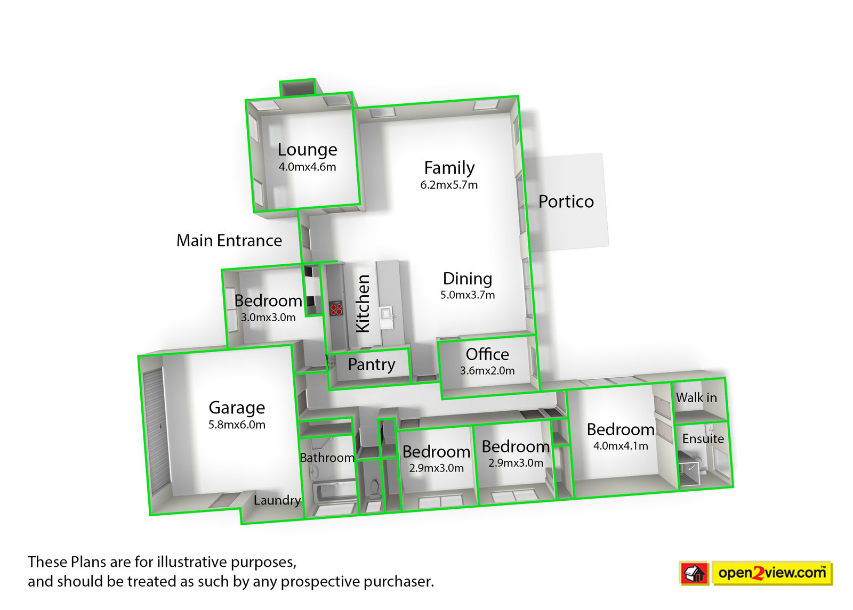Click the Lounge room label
coord(307,150)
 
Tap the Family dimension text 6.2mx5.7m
coord(449,185)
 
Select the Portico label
coord(566,201)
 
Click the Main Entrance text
coord(229,241)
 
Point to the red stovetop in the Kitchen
coord(336,308)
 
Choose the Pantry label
coord(372,364)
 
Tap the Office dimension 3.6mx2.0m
coord(487,371)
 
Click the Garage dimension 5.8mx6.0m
coord(237,425)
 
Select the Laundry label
coord(277,500)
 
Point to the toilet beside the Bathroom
coord(374,486)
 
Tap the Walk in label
coord(696,397)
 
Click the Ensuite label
coord(703,439)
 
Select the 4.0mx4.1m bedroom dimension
coord(621,446)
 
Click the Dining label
coord(468,279)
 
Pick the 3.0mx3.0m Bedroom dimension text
coord(268,318)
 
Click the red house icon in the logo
coord(694,574)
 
